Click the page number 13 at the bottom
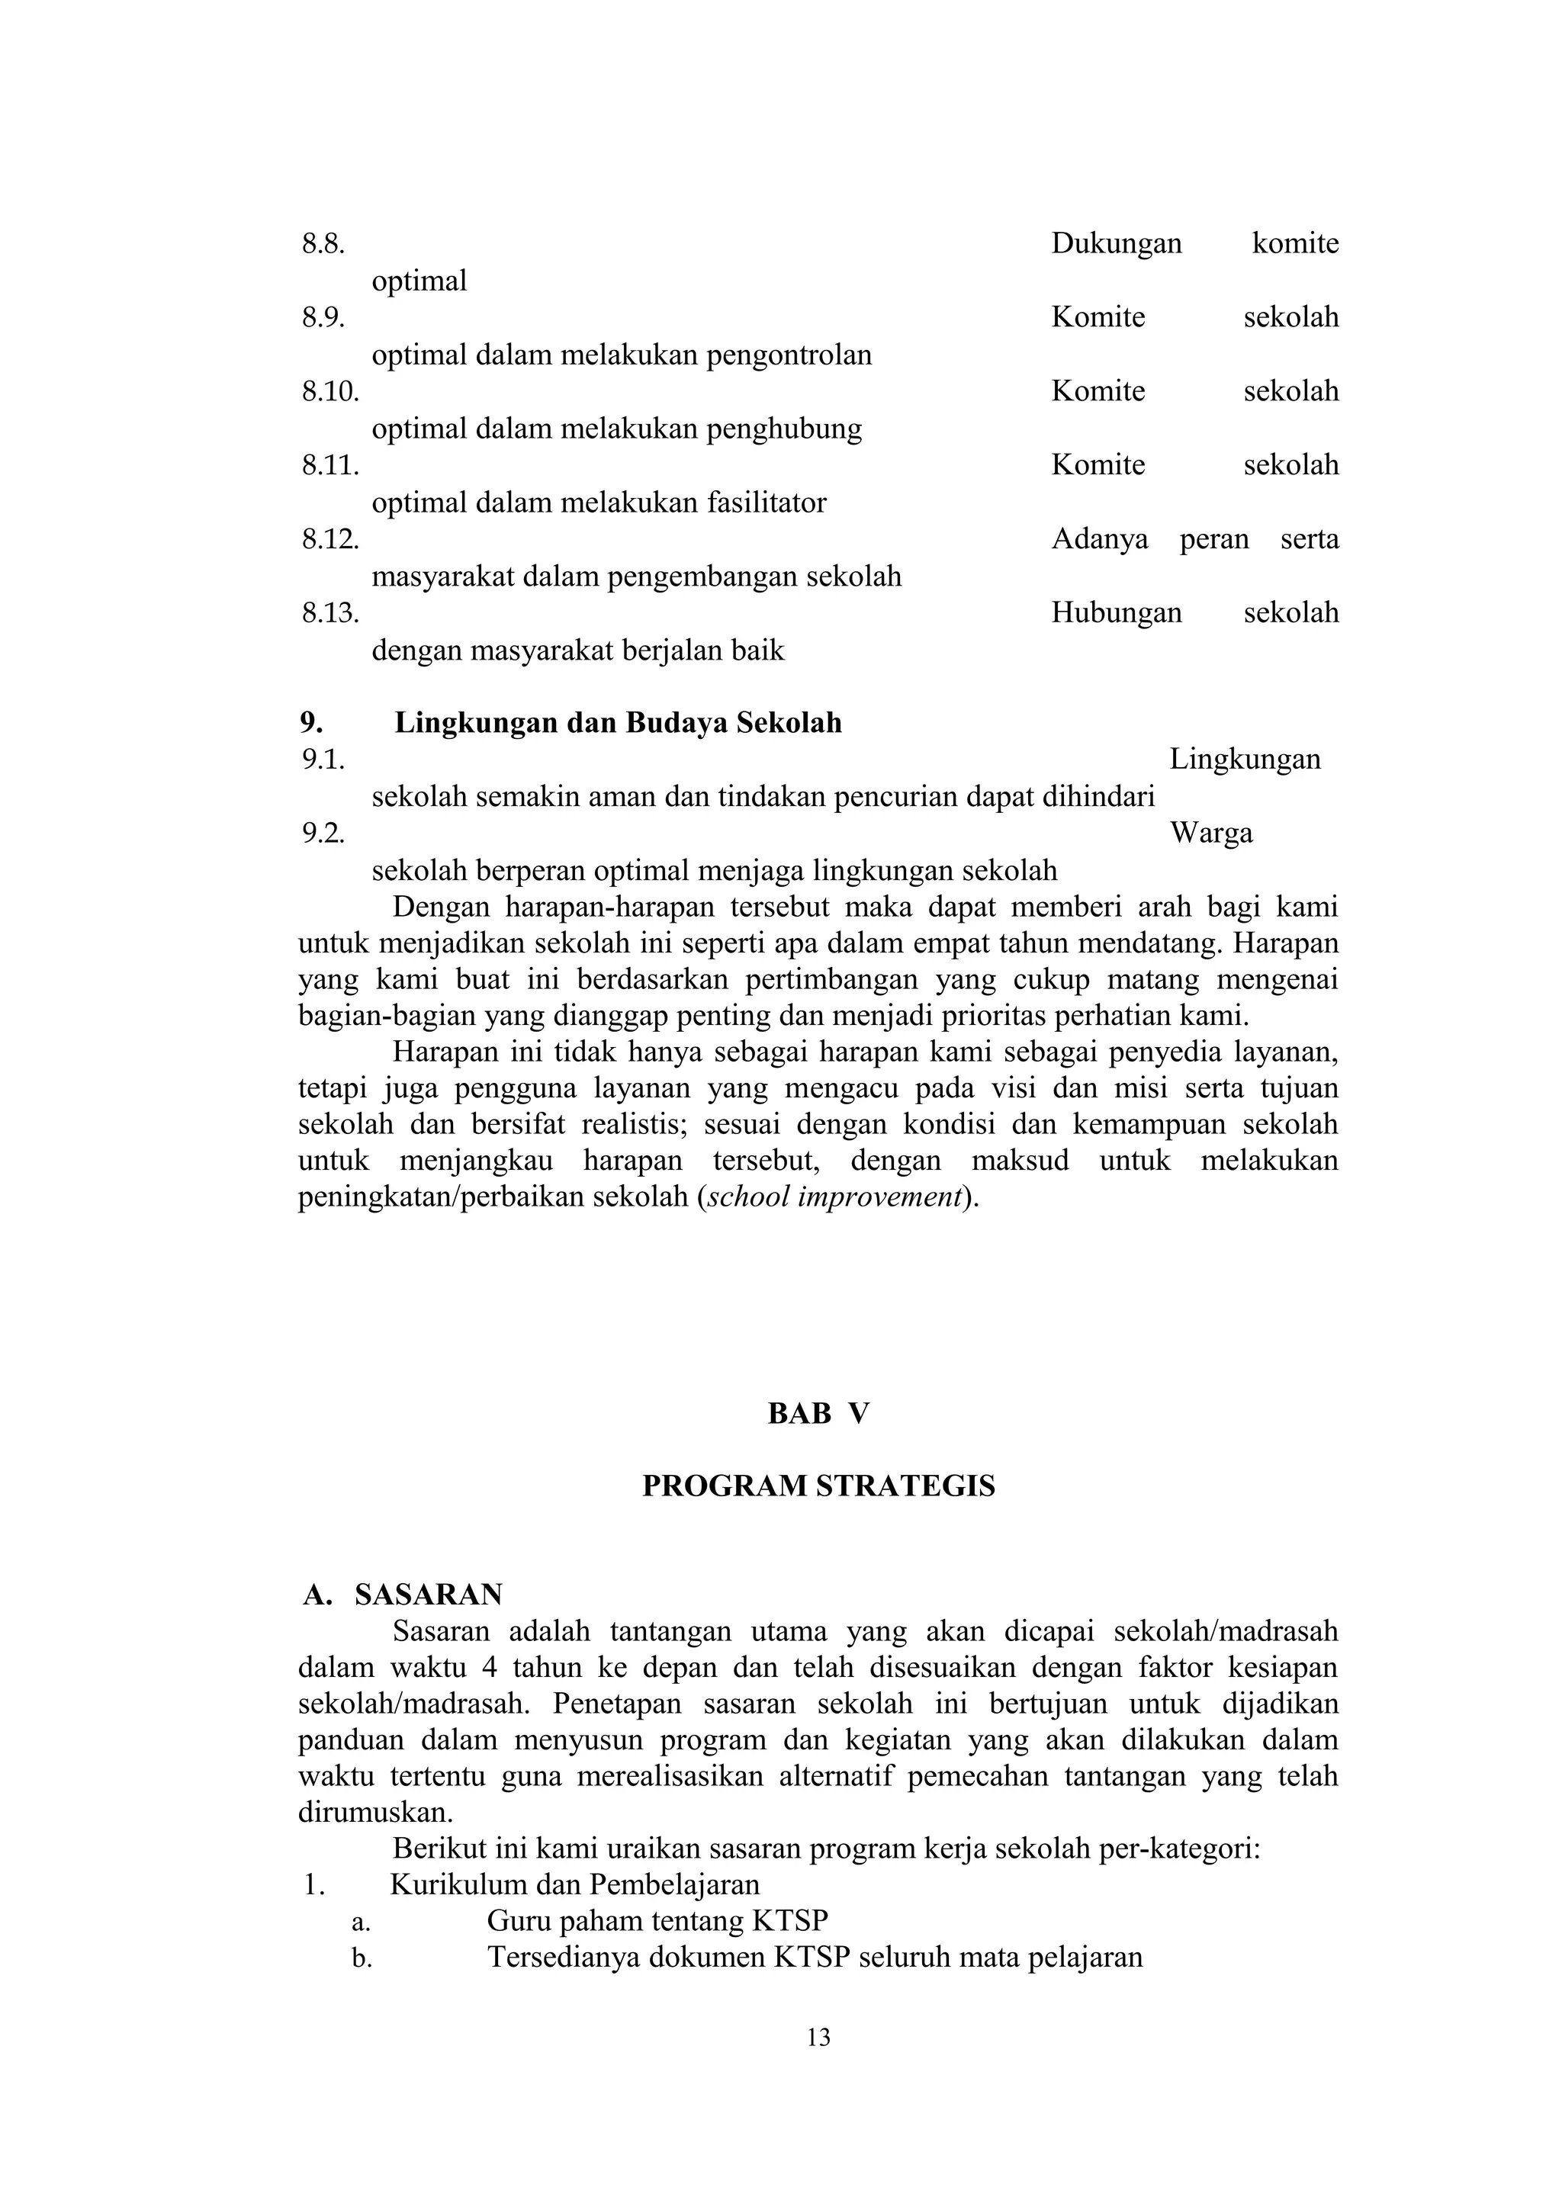coord(818,2038)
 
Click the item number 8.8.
coord(323,243)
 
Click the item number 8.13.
coord(330,613)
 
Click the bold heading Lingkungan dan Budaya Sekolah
coord(618,723)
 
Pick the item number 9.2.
coord(323,834)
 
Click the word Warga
coord(1210,834)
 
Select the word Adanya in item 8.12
coord(1099,539)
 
